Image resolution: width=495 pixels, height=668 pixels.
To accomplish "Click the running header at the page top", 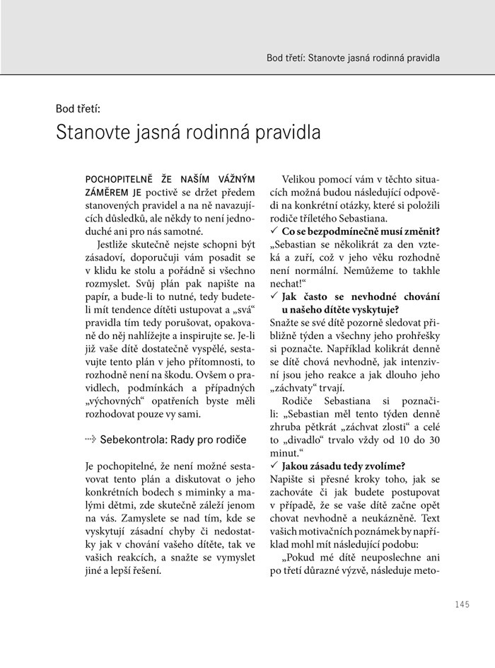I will pos(353,57).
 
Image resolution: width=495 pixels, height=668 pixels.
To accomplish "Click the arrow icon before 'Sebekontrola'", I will pos(90,439).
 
